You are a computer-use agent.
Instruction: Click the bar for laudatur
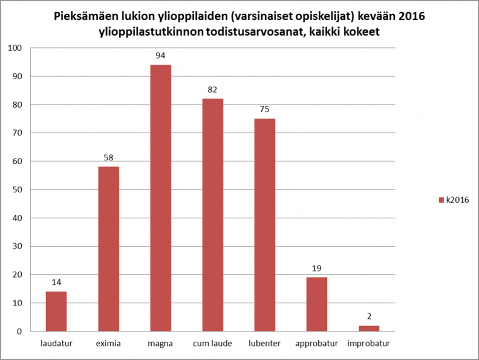coord(56,312)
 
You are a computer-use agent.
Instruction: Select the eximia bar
coord(108,249)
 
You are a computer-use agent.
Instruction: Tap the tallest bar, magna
coord(160,198)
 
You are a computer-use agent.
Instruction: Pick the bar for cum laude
coord(213,215)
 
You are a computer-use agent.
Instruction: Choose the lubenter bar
coord(265,225)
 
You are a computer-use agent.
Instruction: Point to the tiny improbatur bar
coord(369,329)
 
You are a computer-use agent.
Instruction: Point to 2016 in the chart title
coord(411,16)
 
